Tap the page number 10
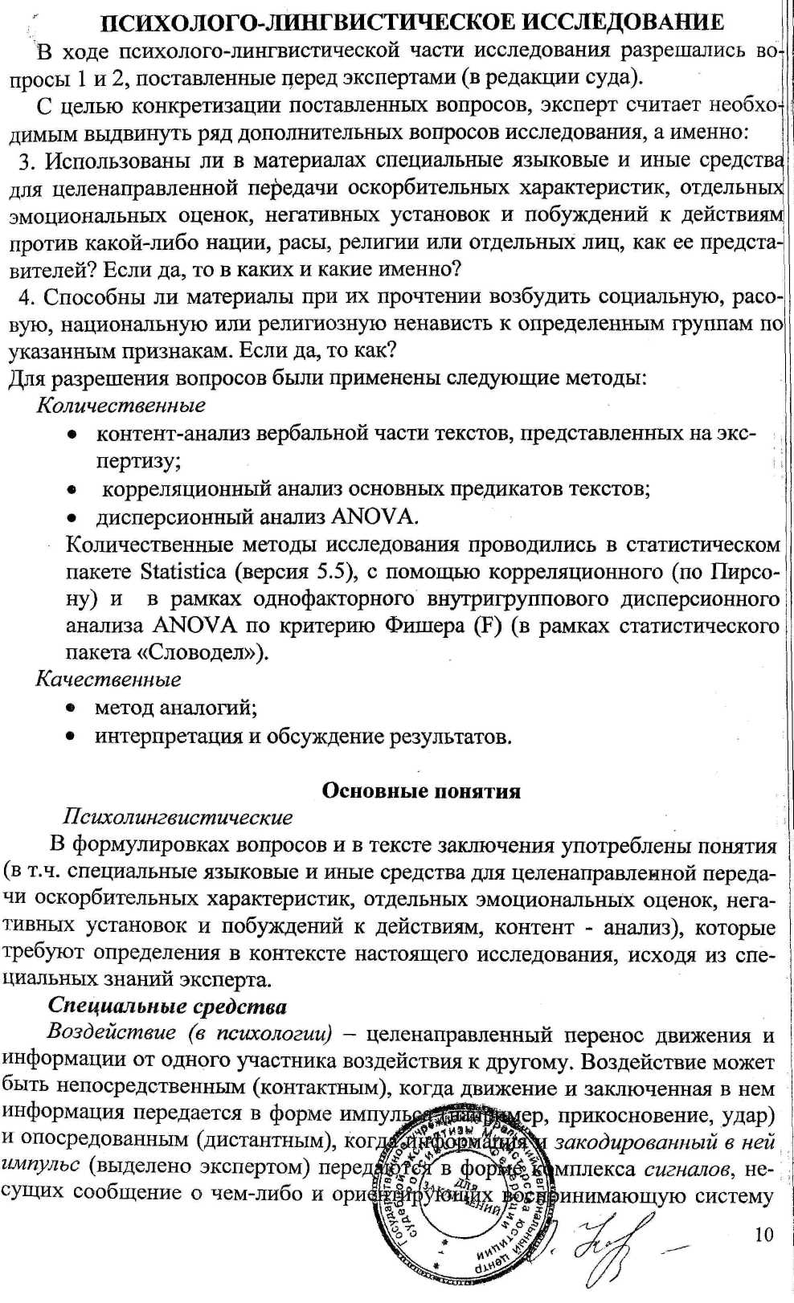(764, 1234)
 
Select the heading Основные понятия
(421, 790)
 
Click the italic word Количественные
(121, 405)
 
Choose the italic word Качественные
(108, 679)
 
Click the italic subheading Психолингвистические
(178, 817)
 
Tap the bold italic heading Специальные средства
(167, 1006)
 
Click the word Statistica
(183, 571)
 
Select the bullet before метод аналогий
(72, 709)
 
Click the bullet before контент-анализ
(72, 435)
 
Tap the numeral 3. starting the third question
(27, 161)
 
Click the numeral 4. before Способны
(27, 297)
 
